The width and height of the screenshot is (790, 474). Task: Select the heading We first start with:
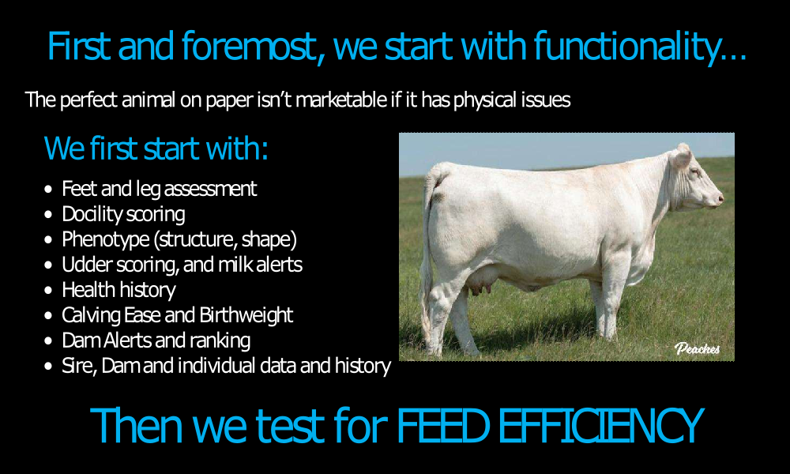[x=156, y=149]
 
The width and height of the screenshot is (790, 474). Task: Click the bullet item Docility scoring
[x=123, y=214]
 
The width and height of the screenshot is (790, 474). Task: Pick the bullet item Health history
[x=119, y=290]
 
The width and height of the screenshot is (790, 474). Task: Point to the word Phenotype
[x=106, y=240]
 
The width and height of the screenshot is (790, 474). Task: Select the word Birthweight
[x=246, y=315]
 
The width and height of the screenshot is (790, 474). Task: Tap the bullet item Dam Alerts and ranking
[x=156, y=340]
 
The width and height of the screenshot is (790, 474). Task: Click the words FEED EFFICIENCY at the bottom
[x=550, y=426]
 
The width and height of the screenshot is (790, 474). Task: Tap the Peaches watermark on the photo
[x=698, y=348]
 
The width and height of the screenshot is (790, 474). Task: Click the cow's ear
[x=681, y=156]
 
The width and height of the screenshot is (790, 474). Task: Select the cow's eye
[x=696, y=172]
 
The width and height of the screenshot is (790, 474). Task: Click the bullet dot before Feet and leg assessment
[x=48, y=190]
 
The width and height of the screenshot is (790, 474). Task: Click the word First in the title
[x=79, y=47]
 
